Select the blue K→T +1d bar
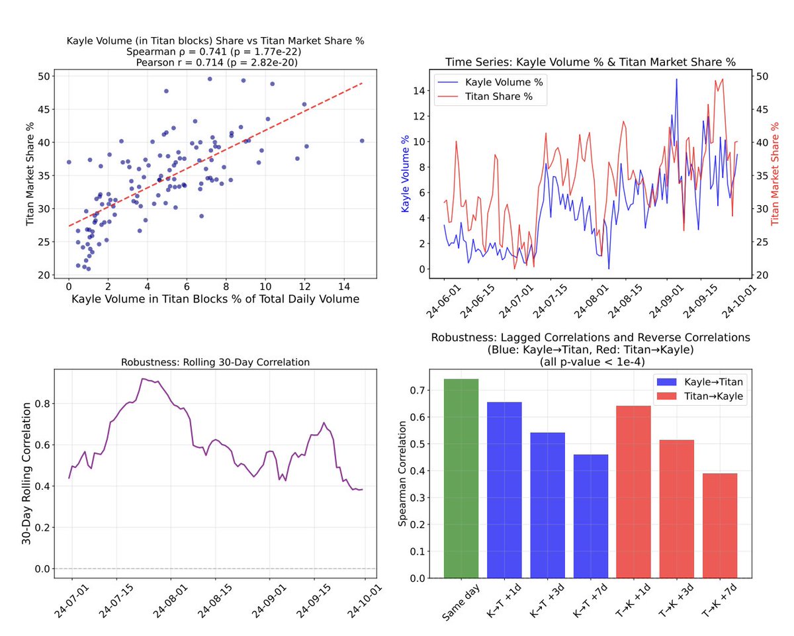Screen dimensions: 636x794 pyautogui.click(x=504, y=490)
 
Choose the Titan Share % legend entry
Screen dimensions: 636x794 pyautogui.click(x=490, y=95)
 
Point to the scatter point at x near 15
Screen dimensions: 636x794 pyautogui.click(x=362, y=140)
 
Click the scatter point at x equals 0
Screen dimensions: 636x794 pyautogui.click(x=69, y=162)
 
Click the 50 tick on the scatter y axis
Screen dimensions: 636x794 pyautogui.click(x=43, y=76)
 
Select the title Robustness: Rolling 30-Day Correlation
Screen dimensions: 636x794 pyautogui.click(x=215, y=362)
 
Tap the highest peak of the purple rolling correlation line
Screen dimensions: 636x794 pyautogui.click(x=143, y=379)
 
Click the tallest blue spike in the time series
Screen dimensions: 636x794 pyautogui.click(x=676, y=79)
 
